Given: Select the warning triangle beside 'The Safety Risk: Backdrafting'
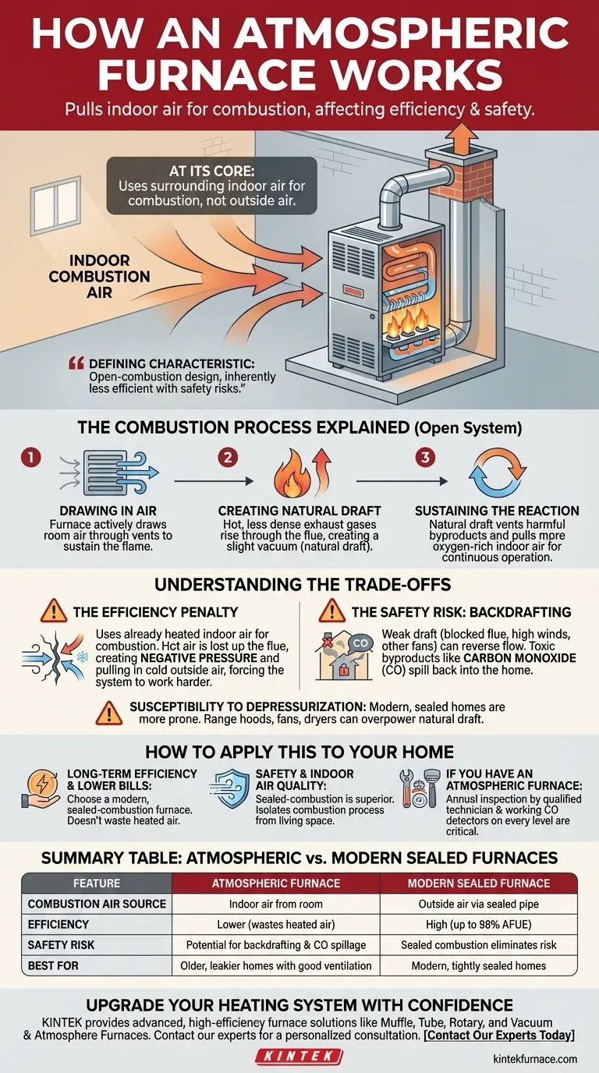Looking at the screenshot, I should (332, 611).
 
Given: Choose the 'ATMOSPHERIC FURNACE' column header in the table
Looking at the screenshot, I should (276, 884).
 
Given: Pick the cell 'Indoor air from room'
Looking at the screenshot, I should (276, 904).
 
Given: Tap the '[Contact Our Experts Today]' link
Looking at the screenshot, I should (499, 1035).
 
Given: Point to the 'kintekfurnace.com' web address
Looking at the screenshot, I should (535, 1059).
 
